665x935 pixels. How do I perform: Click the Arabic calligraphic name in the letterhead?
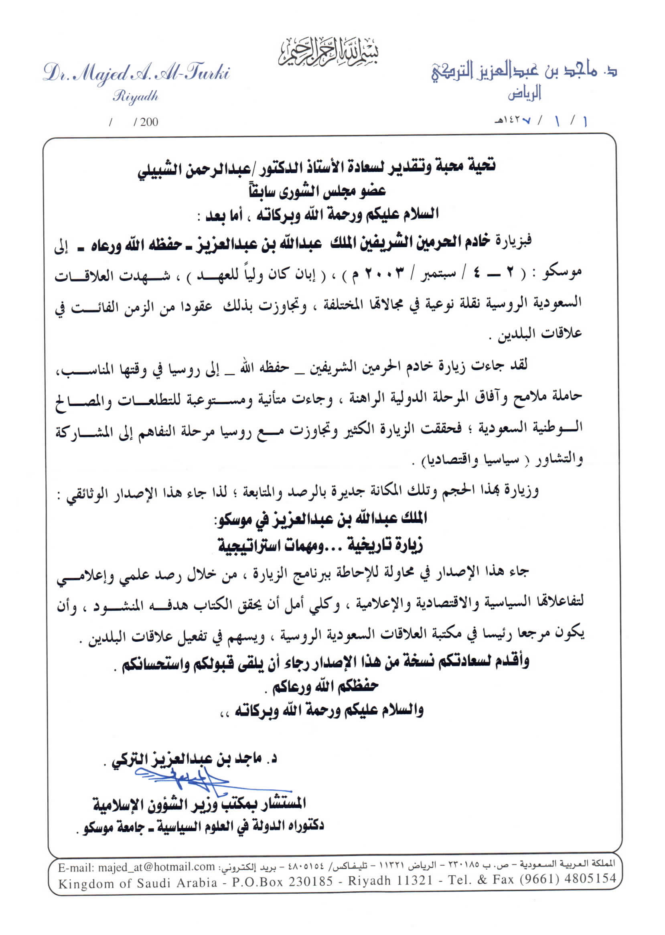coord(524,72)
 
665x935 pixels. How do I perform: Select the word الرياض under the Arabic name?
coord(525,93)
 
